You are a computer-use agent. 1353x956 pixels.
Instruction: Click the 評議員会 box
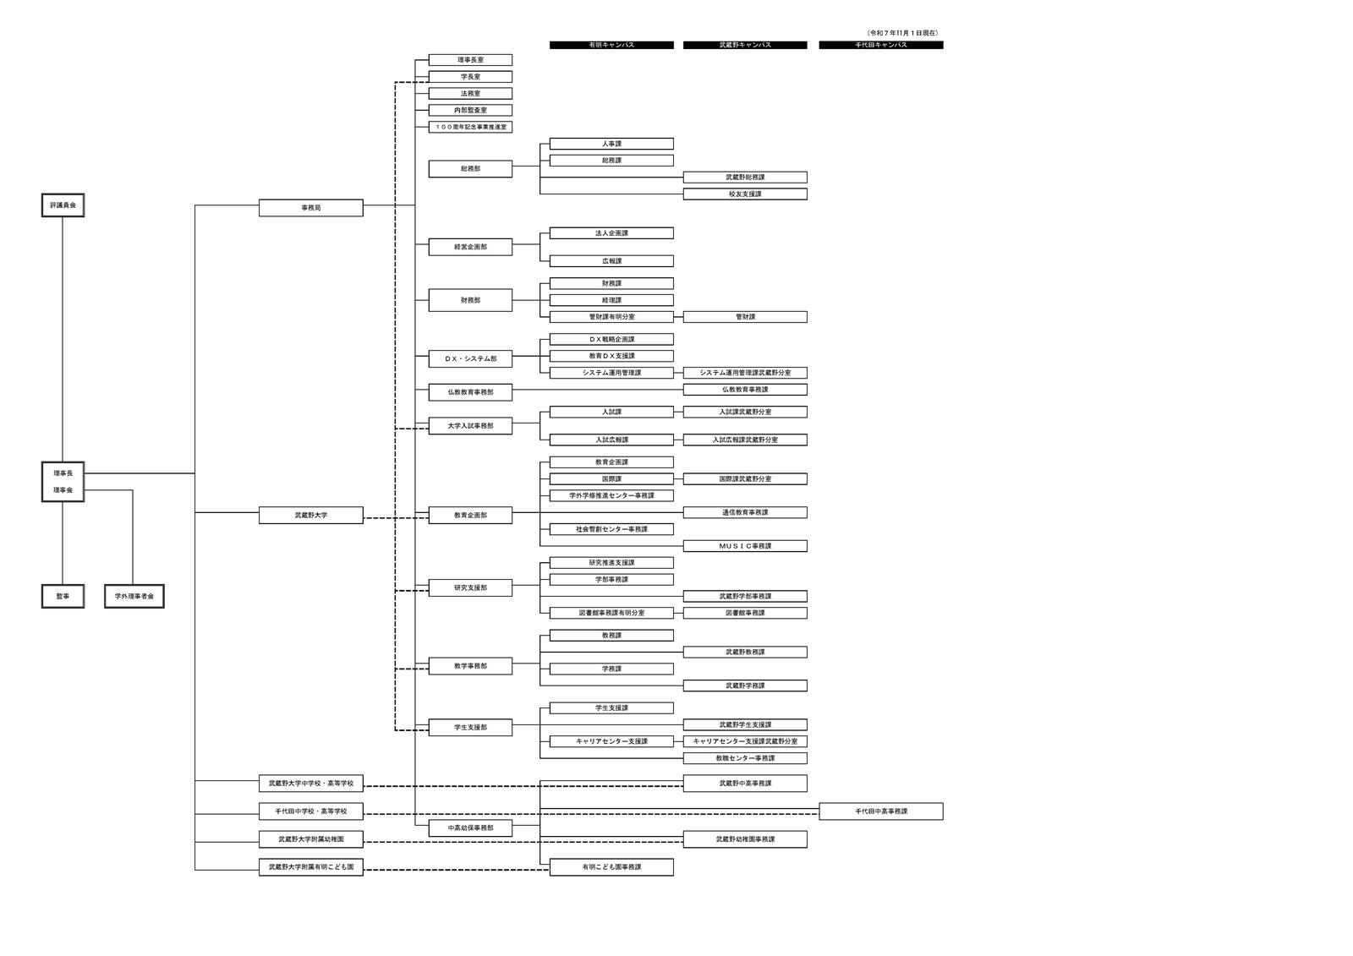coord(63,205)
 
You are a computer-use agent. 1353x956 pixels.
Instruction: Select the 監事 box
coord(63,596)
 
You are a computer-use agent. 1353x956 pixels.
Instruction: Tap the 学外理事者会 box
coord(134,596)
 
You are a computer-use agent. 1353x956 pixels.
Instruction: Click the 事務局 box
coord(310,208)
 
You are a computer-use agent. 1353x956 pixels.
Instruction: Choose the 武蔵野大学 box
coord(310,515)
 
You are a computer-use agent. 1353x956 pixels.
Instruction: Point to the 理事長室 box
coord(470,60)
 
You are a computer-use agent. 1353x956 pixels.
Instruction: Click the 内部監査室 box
coord(470,110)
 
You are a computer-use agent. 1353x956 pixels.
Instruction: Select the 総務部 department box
coord(470,169)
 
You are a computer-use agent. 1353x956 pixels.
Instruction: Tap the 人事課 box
coord(611,144)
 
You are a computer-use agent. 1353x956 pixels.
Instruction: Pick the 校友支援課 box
coord(745,194)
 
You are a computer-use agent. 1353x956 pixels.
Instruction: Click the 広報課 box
coord(611,261)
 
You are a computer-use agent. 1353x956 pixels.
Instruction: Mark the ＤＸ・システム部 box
coord(470,358)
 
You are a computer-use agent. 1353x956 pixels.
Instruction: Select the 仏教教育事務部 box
coord(470,392)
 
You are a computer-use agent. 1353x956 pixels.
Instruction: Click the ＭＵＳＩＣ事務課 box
coord(745,546)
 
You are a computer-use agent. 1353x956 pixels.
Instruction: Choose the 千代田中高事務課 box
coord(881,811)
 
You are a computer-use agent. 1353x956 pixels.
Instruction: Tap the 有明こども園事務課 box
coord(611,867)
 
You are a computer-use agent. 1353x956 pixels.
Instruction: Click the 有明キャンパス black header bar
coord(611,45)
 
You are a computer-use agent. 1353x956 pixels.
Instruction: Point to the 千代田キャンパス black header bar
coord(881,45)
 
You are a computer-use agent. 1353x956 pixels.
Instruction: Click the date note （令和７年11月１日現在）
coord(903,33)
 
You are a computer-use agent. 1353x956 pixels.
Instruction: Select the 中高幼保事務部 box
coord(470,828)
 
